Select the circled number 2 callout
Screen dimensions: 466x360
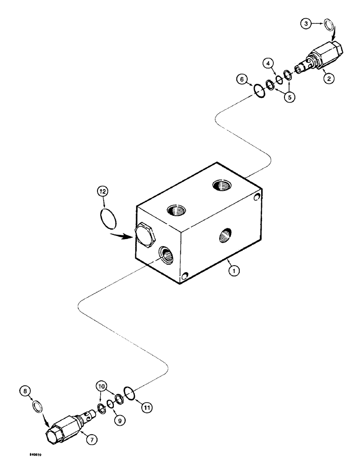pyautogui.click(x=329, y=79)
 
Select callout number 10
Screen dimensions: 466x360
pyautogui.click(x=102, y=386)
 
